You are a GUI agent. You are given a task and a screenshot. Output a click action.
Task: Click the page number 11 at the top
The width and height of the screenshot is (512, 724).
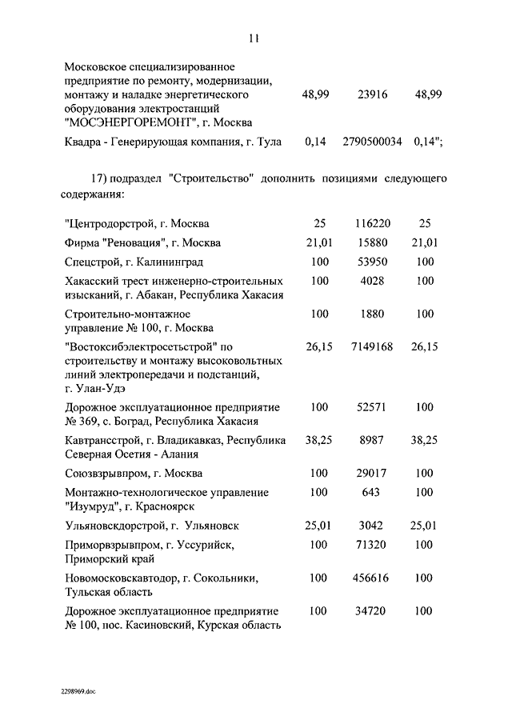(x=254, y=38)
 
